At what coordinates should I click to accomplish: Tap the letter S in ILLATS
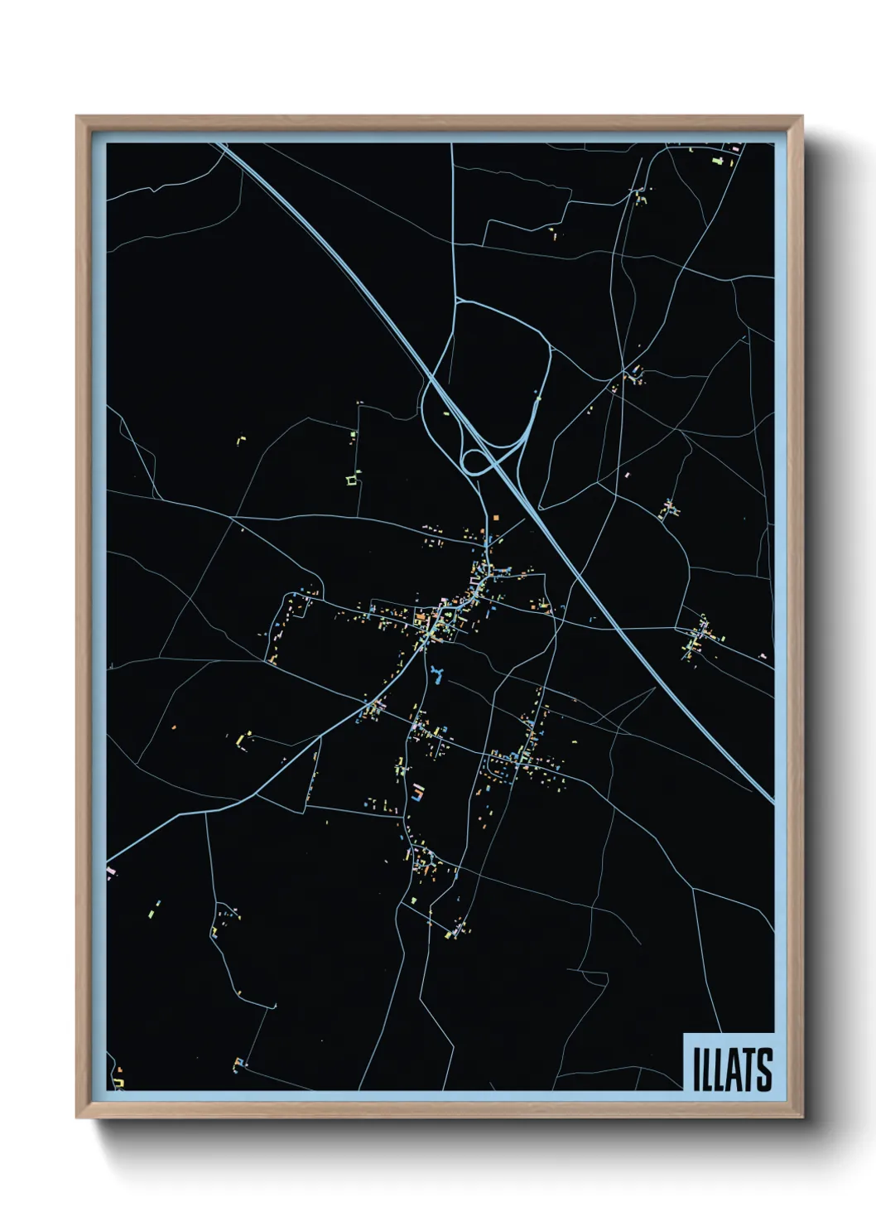[763, 1069]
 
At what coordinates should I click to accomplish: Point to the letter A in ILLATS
[732, 1069]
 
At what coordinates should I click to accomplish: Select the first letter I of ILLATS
[696, 1069]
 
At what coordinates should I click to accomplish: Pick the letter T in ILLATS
[748, 1069]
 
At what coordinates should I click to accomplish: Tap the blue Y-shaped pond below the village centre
[437, 673]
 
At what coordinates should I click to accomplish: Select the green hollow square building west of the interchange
[354, 478]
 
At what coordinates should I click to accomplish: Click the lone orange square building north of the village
[497, 517]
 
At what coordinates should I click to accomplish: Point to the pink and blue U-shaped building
[418, 793]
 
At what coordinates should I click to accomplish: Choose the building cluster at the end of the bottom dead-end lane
[239, 1062]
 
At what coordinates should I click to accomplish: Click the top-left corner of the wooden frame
[77, 117]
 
